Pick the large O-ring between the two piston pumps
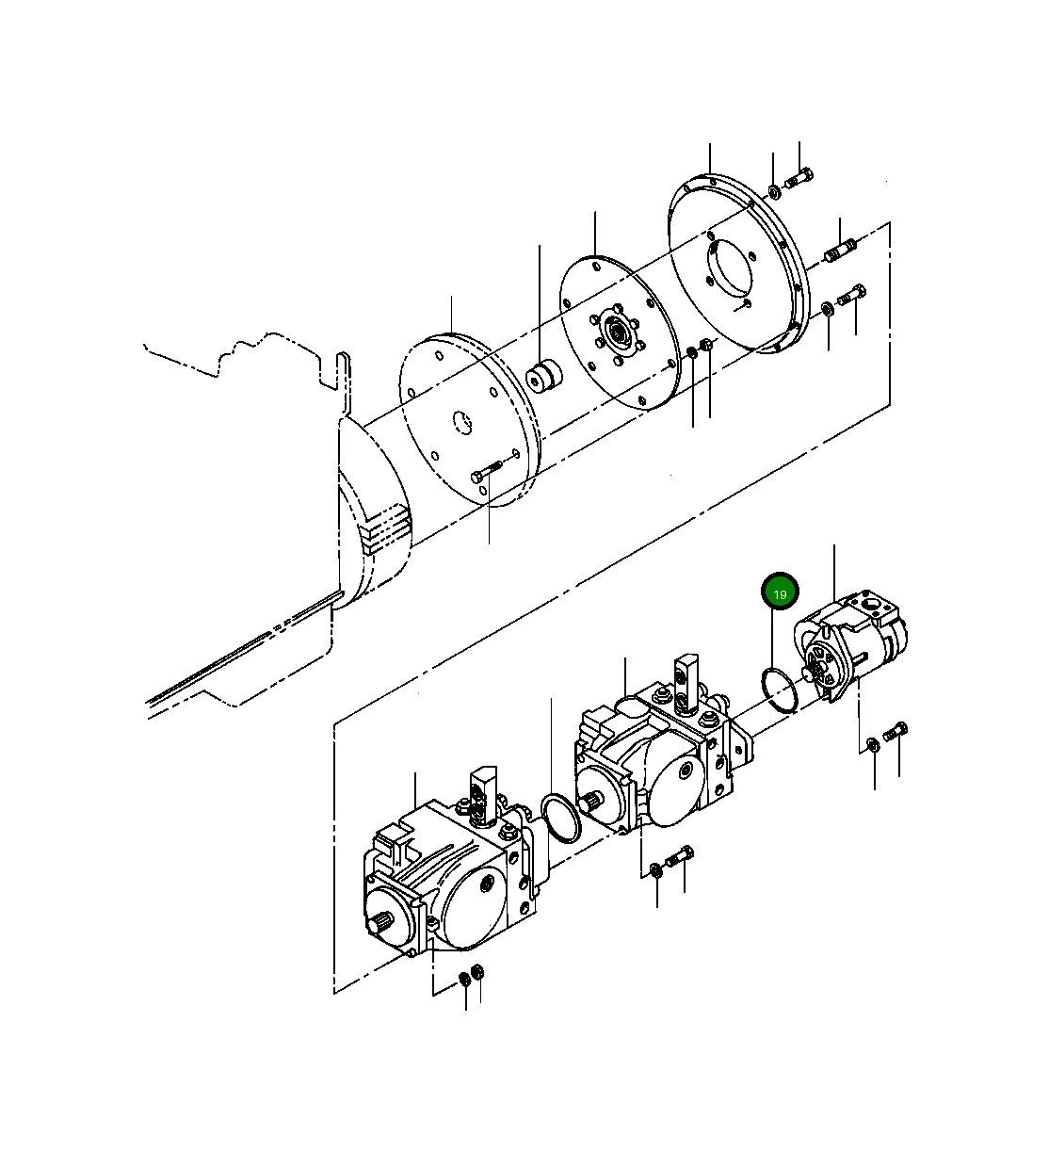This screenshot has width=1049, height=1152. (561, 817)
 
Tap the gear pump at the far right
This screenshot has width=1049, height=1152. (852, 650)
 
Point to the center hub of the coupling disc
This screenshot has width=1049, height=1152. (618, 333)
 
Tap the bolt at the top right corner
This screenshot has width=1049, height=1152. (799, 176)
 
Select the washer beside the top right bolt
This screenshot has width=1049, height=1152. (774, 192)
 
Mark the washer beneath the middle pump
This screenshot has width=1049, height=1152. (656, 868)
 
